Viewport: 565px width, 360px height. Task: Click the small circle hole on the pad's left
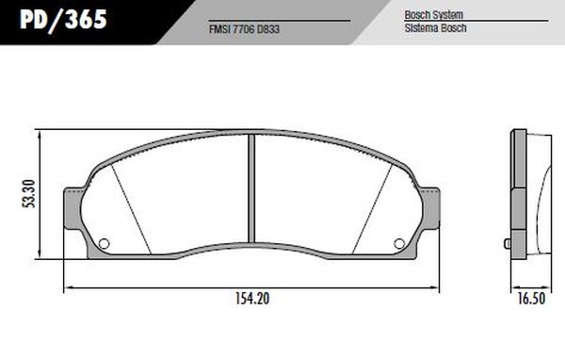[x=105, y=244]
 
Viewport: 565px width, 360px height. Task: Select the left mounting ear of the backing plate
[x=71, y=209]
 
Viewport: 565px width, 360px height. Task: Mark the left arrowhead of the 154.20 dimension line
[x=65, y=286]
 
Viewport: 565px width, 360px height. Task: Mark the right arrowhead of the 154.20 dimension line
[x=437, y=286]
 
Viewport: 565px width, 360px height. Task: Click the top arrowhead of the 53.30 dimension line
[x=40, y=132]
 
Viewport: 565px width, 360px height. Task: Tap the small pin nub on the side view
[x=508, y=244]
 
